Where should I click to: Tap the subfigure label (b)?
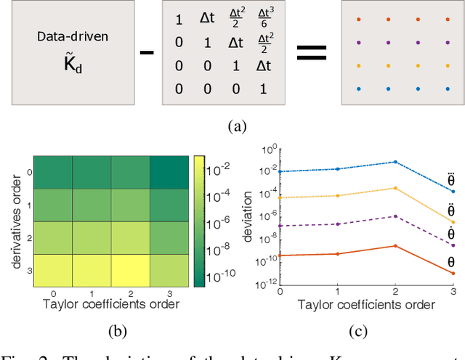pos(118,333)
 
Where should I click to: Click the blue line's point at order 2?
pos(395,162)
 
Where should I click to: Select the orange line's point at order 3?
pos(453,273)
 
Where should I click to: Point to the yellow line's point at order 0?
pos(280,197)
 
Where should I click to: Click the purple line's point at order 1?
pos(338,224)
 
